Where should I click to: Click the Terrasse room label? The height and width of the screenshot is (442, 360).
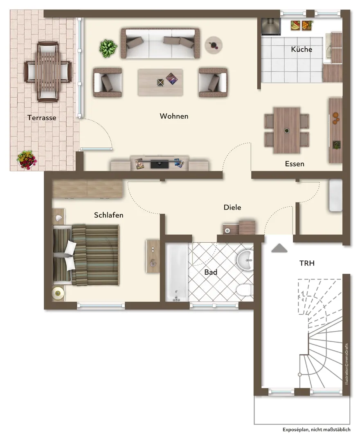42,117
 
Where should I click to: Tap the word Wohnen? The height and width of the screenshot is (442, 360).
174,116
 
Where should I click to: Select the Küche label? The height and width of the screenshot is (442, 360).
301,49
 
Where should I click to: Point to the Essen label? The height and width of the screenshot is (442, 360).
295,164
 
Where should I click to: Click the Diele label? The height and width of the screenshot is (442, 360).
232,207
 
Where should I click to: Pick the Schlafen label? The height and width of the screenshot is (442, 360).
108,215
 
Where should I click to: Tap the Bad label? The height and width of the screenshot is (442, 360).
211,272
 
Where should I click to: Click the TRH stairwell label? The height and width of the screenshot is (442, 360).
307,263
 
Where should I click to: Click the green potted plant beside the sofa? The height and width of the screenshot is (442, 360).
108,48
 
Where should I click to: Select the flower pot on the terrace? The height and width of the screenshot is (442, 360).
27,160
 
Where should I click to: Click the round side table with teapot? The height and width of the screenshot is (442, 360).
214,45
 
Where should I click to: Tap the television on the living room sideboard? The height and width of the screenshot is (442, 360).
160,164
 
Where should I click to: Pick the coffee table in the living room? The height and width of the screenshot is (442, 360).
160,82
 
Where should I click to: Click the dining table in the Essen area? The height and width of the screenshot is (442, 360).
287,130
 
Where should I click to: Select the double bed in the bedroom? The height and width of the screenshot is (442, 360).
86,255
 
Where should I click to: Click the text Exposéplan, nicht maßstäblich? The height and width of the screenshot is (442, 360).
317,430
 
